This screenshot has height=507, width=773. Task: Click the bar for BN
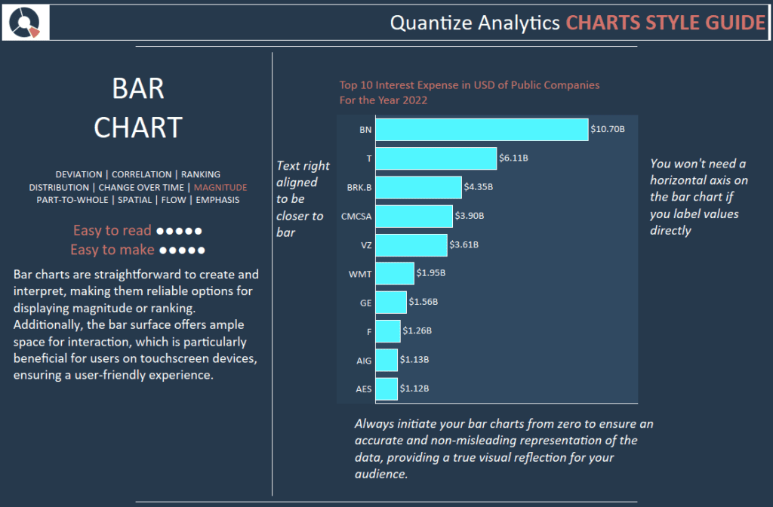pyautogui.click(x=482, y=129)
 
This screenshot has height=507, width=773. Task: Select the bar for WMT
pyautogui.click(x=395, y=273)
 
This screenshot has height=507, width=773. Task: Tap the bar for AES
pyautogui.click(x=386, y=389)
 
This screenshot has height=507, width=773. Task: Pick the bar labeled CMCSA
pyautogui.click(x=414, y=216)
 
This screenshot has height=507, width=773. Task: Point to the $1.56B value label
pyautogui.click(x=423, y=302)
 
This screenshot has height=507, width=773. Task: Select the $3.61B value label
pyautogui.click(x=463, y=244)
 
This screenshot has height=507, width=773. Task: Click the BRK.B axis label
pyautogui.click(x=359, y=187)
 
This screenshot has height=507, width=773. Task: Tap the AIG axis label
pyautogui.click(x=364, y=361)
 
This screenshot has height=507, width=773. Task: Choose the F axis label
pyautogui.click(x=368, y=331)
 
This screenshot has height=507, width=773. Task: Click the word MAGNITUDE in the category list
pyautogui.click(x=220, y=187)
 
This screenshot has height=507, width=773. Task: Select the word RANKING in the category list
pyautogui.click(x=201, y=174)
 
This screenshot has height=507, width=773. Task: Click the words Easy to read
pyautogui.click(x=112, y=230)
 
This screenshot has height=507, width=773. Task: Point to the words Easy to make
pyautogui.click(x=112, y=249)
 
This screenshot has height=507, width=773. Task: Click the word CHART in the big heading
pyautogui.click(x=138, y=128)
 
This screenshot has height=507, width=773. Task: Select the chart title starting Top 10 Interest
pyautogui.click(x=470, y=92)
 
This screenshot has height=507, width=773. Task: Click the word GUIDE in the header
pyautogui.click(x=734, y=23)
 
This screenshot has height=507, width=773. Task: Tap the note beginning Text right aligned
pyautogui.click(x=300, y=198)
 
